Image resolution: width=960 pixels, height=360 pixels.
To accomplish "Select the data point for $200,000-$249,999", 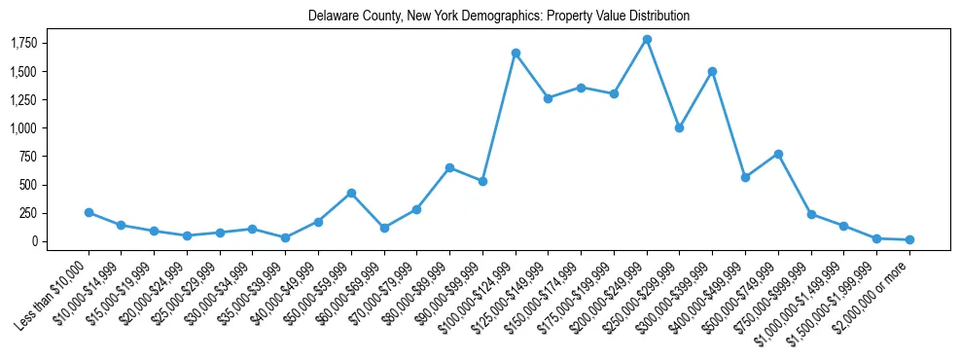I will coord(647,39).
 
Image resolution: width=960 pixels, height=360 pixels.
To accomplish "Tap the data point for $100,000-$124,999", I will coord(516,53).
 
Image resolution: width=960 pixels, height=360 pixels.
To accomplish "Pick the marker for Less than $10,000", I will coord(89,212).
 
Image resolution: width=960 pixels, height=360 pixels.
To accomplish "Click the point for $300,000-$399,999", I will coord(712,71).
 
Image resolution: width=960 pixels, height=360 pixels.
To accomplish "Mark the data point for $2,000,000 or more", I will coord(909,239).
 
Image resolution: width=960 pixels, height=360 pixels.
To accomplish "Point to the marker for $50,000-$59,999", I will coord(351,193).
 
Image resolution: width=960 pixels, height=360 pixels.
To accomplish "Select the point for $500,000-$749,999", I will coord(778,154).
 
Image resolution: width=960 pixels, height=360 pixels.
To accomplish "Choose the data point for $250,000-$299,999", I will coord(680,127).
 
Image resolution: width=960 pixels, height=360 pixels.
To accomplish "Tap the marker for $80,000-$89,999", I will coord(449,167).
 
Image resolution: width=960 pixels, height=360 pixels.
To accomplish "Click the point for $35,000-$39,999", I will coord(285,237).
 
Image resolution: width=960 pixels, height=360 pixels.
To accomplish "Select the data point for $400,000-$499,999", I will coord(745,177).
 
